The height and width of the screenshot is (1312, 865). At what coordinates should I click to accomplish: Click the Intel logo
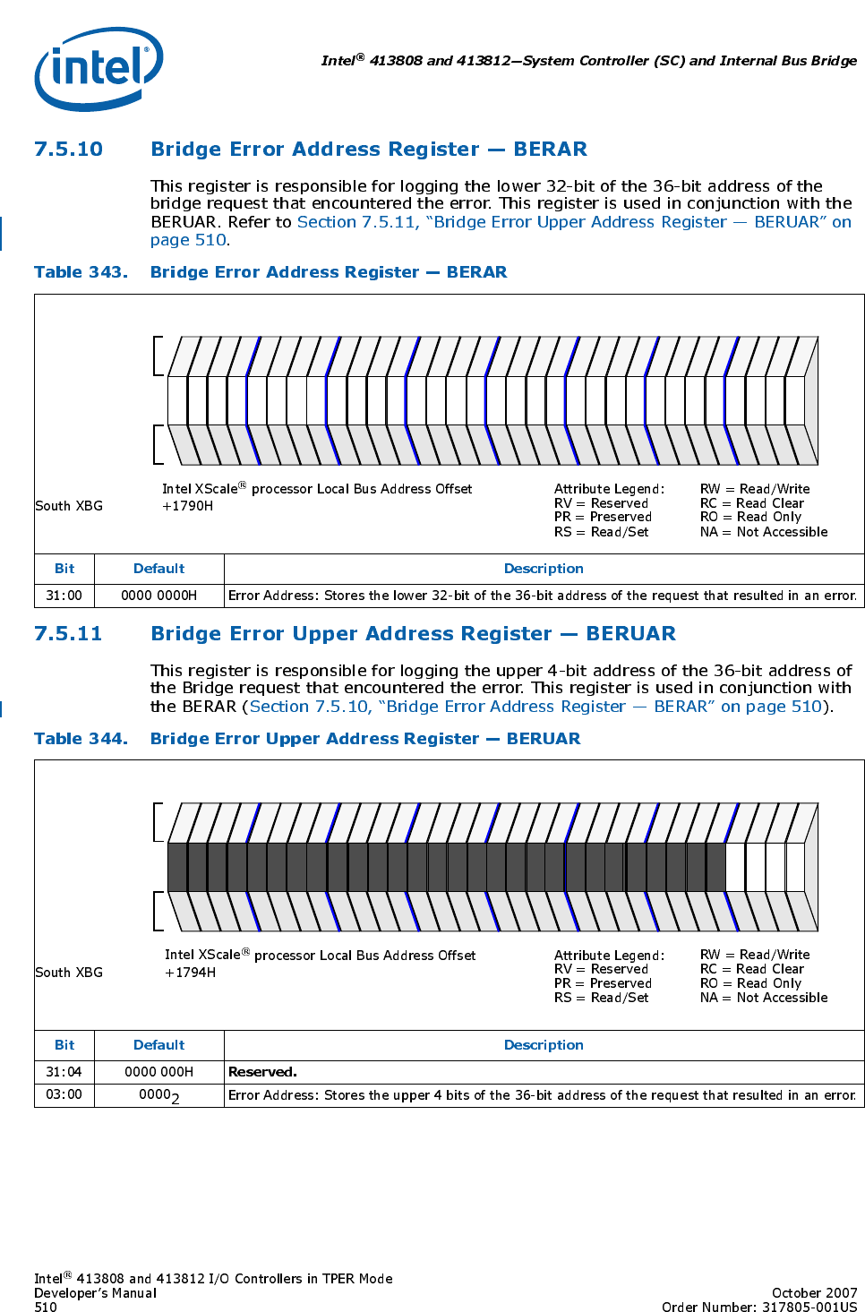pos(98,68)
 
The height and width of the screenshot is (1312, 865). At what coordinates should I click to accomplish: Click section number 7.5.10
pos(68,150)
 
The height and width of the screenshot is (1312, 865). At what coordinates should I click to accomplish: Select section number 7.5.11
pos(68,634)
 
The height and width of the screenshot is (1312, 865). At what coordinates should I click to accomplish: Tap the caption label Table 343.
pos(81,272)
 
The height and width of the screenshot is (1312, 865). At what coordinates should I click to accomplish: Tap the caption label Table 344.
pos(81,739)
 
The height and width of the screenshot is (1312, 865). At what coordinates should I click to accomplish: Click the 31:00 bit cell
pos(64,596)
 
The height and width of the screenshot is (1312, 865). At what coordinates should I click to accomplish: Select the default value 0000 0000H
pos(158,596)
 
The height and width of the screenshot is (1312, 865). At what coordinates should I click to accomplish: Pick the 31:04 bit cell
pos(64,1072)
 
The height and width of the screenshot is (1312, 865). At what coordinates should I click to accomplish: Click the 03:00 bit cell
pos(64,1094)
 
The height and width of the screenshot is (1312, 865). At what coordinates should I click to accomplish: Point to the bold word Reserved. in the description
pos(262,1072)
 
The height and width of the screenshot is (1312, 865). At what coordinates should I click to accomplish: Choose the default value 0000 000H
pos(158,1072)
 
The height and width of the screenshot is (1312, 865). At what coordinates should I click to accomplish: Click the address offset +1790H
pos(187,506)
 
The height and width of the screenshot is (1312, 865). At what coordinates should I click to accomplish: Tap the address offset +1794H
pos(190,973)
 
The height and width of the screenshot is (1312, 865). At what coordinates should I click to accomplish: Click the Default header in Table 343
pos(158,569)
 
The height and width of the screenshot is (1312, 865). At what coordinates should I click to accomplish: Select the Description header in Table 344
pos(544,1045)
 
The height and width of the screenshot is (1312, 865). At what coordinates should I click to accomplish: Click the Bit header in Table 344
pos(64,1045)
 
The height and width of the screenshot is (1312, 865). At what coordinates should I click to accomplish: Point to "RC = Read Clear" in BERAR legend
pos(752,503)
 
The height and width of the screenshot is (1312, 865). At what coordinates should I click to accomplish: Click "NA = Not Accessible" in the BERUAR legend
pos(764,998)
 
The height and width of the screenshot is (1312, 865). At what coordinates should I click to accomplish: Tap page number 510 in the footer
pos(46,1307)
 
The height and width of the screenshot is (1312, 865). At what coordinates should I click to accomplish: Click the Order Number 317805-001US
pos(759,1307)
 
